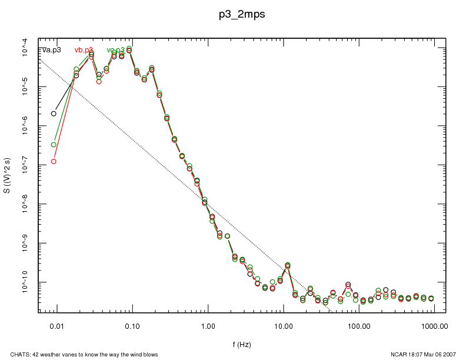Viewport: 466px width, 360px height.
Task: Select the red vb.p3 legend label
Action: pos(84,50)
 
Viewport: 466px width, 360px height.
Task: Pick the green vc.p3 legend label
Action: pos(116,50)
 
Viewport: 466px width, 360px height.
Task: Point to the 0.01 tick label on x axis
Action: pos(56,325)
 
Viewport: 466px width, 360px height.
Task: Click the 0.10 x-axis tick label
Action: pos(132,325)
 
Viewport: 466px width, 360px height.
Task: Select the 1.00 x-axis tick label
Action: pos(208,325)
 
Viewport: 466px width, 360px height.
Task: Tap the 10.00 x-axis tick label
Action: pos(284,325)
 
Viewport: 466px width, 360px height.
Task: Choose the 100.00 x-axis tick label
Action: pos(359,325)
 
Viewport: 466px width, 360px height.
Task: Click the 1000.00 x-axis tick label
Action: pos(435,325)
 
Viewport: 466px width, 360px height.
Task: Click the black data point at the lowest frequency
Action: pos(54,114)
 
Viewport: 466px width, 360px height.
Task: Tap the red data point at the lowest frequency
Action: pos(54,161)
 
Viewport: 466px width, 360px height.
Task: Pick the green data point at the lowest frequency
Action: pos(54,145)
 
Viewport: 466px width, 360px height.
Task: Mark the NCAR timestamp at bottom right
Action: pos(423,354)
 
